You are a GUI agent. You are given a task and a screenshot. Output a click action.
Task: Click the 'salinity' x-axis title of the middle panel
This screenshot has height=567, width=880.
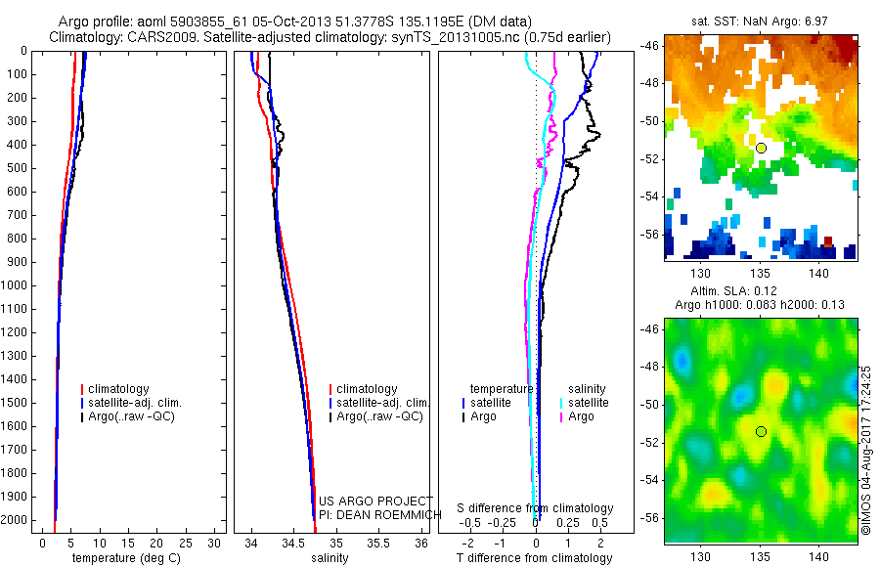coord(330,558)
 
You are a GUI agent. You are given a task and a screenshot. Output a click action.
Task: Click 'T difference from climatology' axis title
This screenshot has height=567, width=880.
coord(534,558)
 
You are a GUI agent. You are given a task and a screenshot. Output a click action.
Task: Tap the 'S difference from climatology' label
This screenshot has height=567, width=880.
coord(535,508)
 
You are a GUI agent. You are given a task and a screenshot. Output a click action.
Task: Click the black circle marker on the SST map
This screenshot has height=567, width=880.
coord(761,148)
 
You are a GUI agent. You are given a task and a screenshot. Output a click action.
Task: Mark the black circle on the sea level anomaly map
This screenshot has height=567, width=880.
coord(761,431)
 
